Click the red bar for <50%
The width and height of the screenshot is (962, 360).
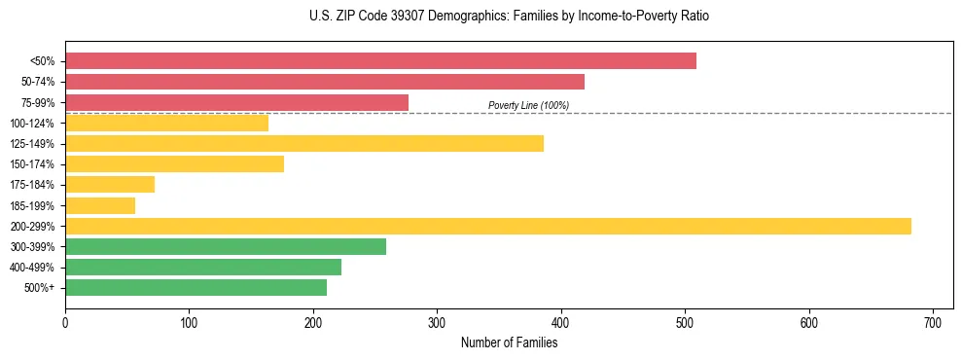(x=380, y=60)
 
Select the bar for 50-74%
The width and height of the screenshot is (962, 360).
(x=325, y=82)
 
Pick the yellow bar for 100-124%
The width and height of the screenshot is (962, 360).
(x=166, y=123)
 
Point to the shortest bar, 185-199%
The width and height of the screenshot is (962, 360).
(x=100, y=205)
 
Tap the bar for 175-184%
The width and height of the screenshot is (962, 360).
(x=110, y=185)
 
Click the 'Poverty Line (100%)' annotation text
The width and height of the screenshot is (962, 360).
(x=528, y=105)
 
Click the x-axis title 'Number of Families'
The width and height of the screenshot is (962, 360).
(x=509, y=343)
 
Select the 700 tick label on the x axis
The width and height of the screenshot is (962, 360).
(x=933, y=322)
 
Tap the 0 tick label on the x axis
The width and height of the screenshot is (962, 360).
(x=65, y=322)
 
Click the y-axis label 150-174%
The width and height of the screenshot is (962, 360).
(x=32, y=164)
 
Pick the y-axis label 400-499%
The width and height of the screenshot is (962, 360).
(x=32, y=268)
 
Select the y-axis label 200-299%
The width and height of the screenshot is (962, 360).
(x=32, y=227)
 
